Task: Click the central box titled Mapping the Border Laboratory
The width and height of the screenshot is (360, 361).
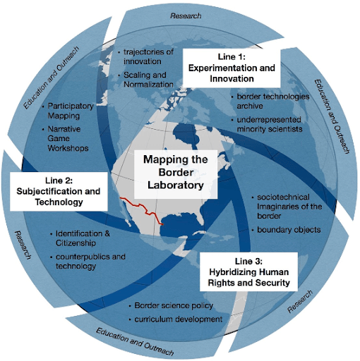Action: pyautogui.click(x=176, y=174)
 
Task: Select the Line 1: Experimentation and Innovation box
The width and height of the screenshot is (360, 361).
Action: pyautogui.click(x=232, y=68)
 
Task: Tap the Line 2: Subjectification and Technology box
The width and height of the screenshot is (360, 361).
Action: pyautogui.click(x=59, y=192)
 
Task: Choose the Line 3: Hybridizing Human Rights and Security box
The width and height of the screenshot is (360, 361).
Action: pyautogui.click(x=248, y=272)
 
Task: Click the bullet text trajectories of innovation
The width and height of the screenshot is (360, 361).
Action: pyautogui.click(x=148, y=56)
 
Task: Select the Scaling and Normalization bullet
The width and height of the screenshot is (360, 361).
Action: pyautogui.click(x=148, y=80)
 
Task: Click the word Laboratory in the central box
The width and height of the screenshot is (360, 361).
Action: pyautogui.click(x=176, y=185)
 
